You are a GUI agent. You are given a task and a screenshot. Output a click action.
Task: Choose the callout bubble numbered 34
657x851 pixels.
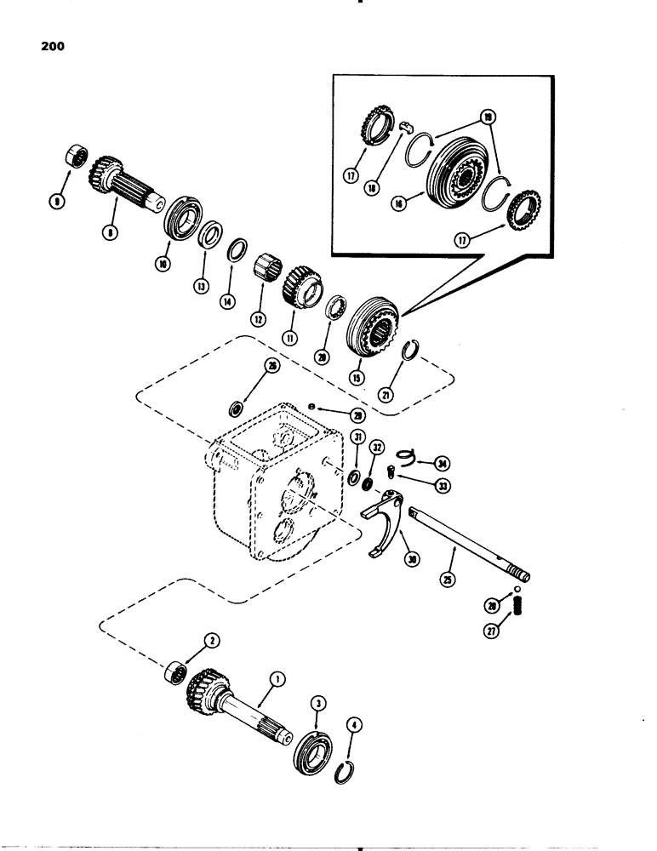[442, 463]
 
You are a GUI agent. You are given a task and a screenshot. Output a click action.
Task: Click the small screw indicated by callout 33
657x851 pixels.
[391, 468]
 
